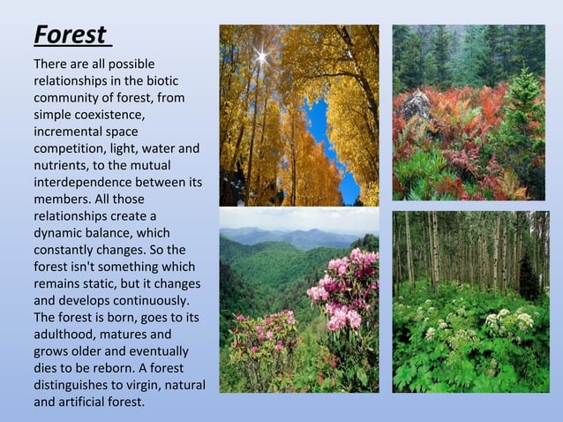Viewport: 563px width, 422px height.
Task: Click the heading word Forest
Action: pyautogui.click(x=71, y=35)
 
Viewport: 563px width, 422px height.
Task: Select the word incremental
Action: pyautogui.click(x=68, y=132)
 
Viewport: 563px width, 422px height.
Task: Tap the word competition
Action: pyautogui.click(x=69, y=148)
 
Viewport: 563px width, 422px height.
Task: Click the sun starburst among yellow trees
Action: pyautogui.click(x=261, y=57)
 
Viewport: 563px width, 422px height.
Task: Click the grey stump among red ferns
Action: pyautogui.click(x=417, y=105)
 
